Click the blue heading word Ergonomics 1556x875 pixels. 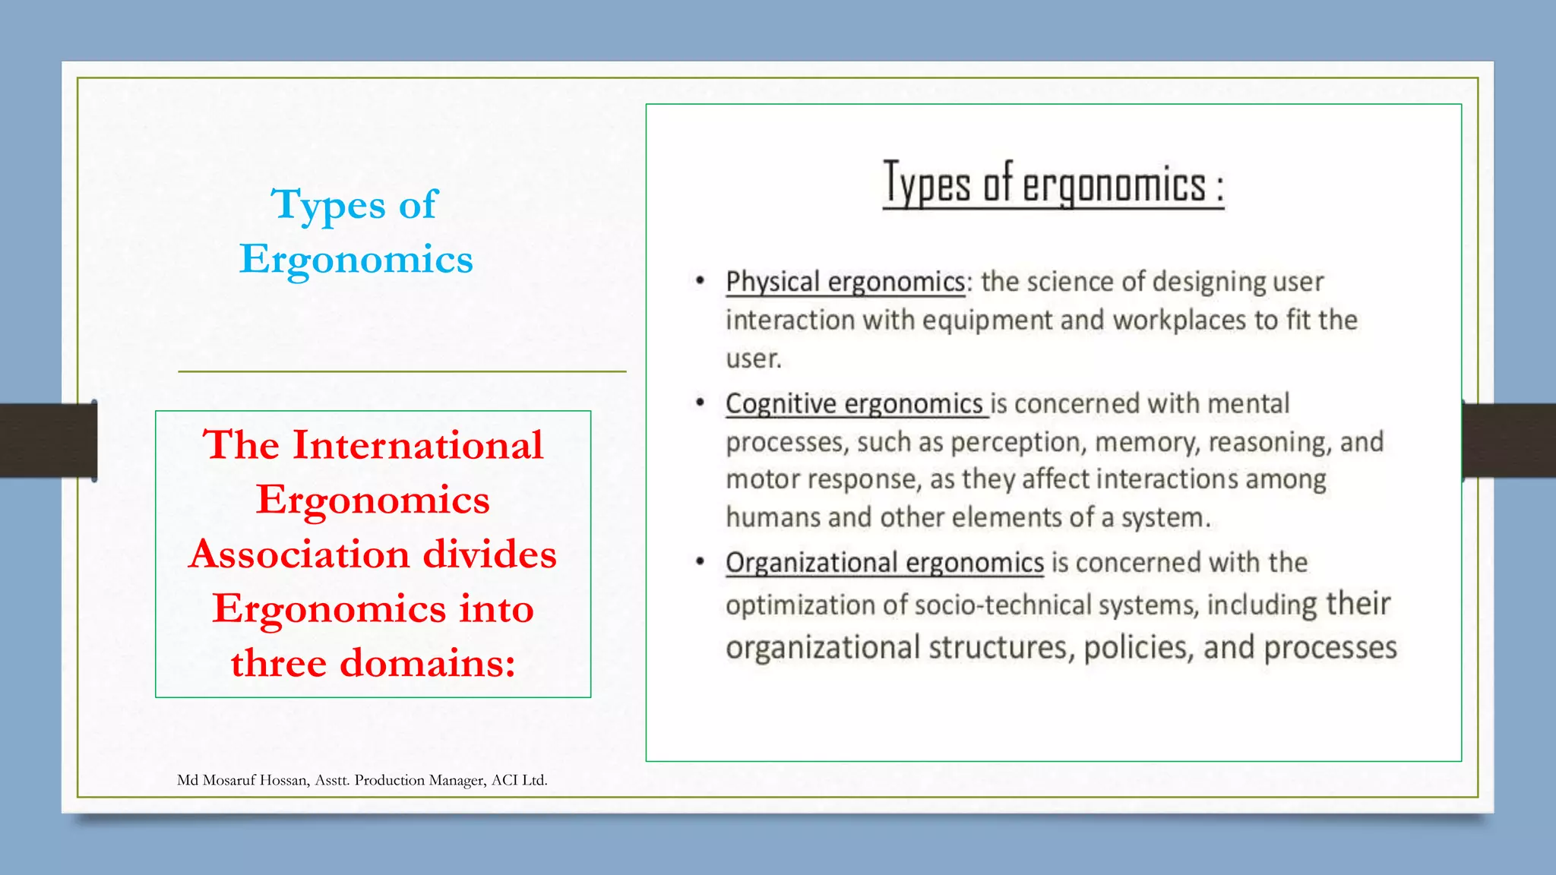[356, 260]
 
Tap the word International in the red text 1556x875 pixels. [418, 445]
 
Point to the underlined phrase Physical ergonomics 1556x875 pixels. [845, 282]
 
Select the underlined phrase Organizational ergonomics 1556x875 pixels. [884, 563]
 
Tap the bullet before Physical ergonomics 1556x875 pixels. [700, 281]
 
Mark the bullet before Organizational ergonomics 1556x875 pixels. [700, 562]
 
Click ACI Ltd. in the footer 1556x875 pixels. [519, 780]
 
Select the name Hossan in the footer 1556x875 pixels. [284, 780]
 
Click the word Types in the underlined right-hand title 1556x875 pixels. [926, 185]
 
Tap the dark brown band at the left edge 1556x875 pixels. [46, 441]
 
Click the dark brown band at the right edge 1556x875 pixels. [1510, 441]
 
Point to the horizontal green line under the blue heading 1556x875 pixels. [402, 371]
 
